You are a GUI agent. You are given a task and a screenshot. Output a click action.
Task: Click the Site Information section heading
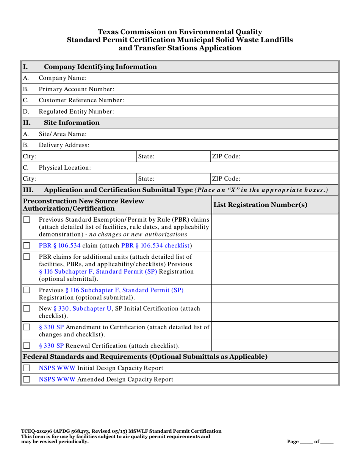coord(72,122)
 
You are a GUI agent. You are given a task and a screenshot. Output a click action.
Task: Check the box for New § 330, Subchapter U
coord(27,309)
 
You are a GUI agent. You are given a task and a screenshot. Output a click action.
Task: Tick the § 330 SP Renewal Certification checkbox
coord(27,346)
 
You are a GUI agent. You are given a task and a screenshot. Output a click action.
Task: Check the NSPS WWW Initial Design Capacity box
coord(27,368)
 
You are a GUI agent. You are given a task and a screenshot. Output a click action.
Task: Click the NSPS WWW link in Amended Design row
coord(57,379)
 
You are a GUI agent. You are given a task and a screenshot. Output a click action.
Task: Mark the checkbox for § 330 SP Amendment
coord(27,327)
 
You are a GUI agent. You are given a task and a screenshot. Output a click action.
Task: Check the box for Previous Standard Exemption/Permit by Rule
coord(27,220)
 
